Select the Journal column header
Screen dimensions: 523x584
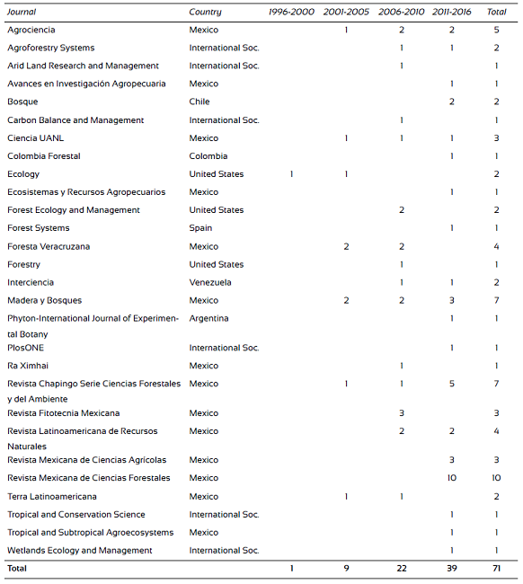[x=22, y=12]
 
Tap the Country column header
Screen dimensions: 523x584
[x=205, y=12]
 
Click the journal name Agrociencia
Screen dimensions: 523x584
[x=31, y=30]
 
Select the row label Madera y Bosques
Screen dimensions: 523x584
[x=41, y=300]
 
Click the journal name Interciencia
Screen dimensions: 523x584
[x=31, y=282]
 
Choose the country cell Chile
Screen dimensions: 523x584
[x=199, y=102]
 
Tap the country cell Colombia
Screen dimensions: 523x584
[x=208, y=155]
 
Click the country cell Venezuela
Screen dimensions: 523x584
[x=209, y=282]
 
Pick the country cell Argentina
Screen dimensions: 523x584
[x=208, y=318]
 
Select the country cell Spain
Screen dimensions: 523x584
[x=200, y=228]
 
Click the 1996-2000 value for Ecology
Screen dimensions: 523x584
[x=292, y=173]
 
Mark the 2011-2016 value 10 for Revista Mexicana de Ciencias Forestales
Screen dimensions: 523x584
[x=451, y=478]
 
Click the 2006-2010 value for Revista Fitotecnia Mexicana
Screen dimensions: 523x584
[x=401, y=413]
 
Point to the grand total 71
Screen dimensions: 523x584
[x=496, y=569]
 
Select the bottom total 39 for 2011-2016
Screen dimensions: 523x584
[x=451, y=569]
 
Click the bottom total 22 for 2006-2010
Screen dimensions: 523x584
[x=401, y=569]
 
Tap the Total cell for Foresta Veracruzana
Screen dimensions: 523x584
[x=496, y=246]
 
